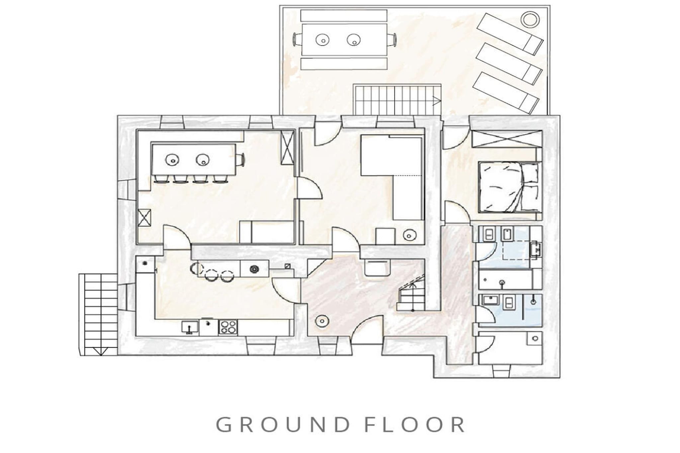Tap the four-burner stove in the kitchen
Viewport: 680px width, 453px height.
coord(228,327)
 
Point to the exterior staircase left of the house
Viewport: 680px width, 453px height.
coord(98,315)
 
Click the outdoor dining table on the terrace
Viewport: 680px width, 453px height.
coord(344,40)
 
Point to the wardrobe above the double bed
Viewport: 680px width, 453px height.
coord(506,139)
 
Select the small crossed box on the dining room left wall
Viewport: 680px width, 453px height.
coord(144,218)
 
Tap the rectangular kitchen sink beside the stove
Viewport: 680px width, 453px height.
coord(190,327)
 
